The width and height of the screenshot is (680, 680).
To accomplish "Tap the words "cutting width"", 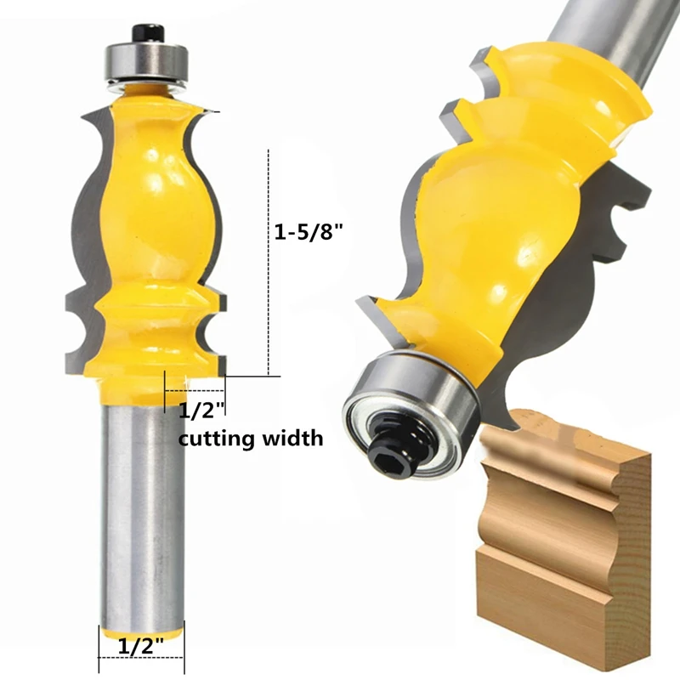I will coord(250,439).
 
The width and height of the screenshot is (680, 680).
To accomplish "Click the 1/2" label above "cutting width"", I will coord(201,411).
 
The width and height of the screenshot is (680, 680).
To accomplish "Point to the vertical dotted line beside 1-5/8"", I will coord(269,255).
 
